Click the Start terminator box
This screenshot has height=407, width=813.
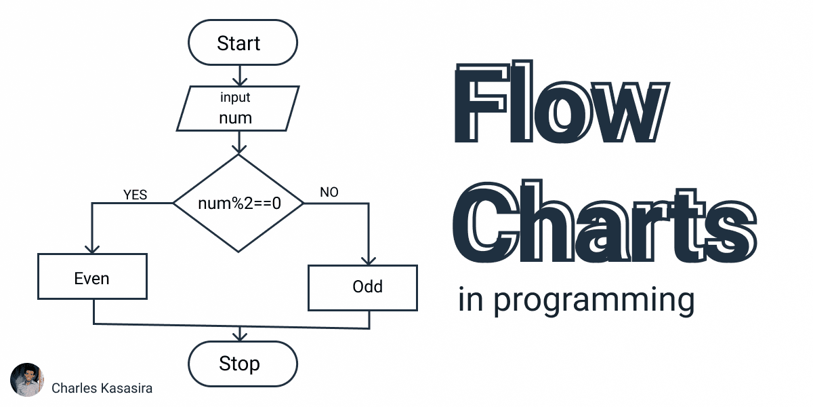click(x=242, y=43)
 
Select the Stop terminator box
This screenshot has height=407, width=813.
click(x=242, y=364)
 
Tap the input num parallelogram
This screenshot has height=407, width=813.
click(x=238, y=109)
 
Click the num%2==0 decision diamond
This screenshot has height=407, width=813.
click(x=238, y=203)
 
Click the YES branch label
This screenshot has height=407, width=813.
click(x=135, y=195)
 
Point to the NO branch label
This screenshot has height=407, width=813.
click(x=329, y=193)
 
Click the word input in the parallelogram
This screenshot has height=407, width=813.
click(x=235, y=98)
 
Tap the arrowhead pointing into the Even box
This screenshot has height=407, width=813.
click(x=92, y=249)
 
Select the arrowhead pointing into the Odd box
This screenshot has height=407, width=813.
click(x=369, y=260)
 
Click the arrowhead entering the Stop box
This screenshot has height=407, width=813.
click(x=239, y=336)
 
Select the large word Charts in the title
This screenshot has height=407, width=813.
click(x=603, y=224)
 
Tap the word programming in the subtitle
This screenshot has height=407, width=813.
click(x=593, y=301)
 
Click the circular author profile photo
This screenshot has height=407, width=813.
click(x=27, y=381)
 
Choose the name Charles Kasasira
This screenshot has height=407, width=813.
click(x=102, y=388)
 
